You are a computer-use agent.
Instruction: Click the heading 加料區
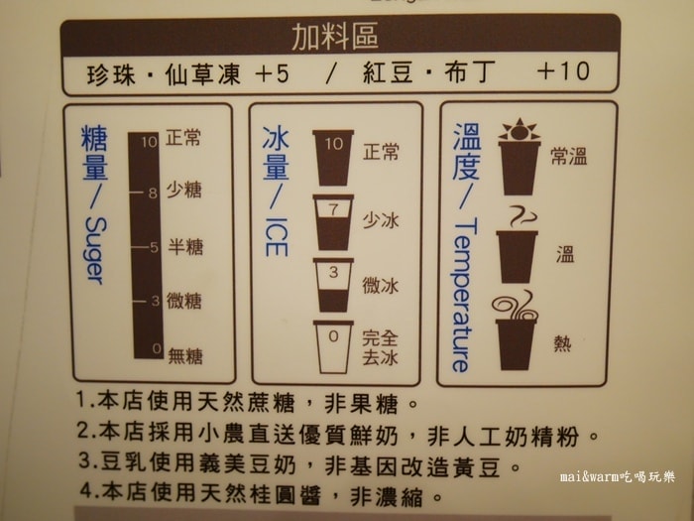335,36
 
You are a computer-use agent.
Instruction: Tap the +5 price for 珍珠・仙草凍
273,73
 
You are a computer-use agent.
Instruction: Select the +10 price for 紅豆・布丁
563,70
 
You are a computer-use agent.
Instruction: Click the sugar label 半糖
185,247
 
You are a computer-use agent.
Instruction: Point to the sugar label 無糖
185,355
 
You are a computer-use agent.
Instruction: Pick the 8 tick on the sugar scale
153,194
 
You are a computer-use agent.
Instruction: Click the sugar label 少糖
184,190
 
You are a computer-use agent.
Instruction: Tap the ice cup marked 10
333,157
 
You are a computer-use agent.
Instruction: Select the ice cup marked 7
333,222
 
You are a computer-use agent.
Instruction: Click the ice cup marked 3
333,285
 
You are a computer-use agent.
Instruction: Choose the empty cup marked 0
333,347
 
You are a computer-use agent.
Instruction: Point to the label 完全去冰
380,347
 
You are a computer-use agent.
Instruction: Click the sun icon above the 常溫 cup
520,130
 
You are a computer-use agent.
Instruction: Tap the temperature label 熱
562,343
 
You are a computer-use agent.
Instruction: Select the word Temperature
463,295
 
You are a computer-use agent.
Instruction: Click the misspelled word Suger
95,250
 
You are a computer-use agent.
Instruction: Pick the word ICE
277,237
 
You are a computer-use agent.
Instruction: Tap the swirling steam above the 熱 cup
516,306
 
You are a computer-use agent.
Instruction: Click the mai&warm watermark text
618,476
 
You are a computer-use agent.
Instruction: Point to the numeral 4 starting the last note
86,490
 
